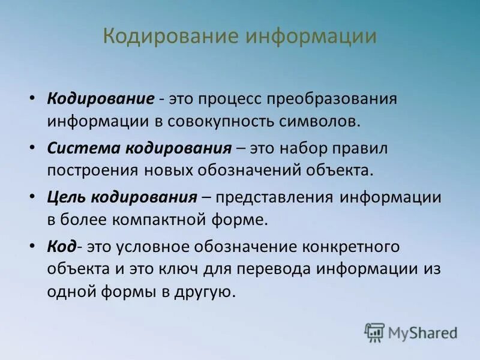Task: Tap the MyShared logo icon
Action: pos(374,332)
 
